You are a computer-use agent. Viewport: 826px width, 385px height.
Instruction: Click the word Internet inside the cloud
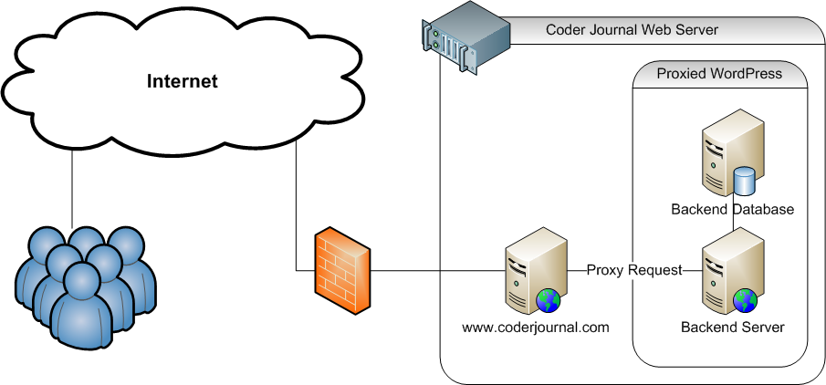[x=183, y=82]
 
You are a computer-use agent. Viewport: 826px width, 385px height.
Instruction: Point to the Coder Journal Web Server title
[x=632, y=29]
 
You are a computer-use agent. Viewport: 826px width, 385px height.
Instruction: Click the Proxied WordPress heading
[x=719, y=73]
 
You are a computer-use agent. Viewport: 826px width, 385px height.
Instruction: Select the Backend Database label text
[x=732, y=210]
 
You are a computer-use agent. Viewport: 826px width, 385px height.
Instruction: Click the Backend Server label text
[x=733, y=326]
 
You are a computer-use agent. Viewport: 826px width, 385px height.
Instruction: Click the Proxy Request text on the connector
[x=634, y=270]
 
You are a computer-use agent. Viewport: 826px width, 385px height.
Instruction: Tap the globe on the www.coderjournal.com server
[x=549, y=298]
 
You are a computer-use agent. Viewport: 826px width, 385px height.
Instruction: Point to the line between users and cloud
[x=70, y=187]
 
